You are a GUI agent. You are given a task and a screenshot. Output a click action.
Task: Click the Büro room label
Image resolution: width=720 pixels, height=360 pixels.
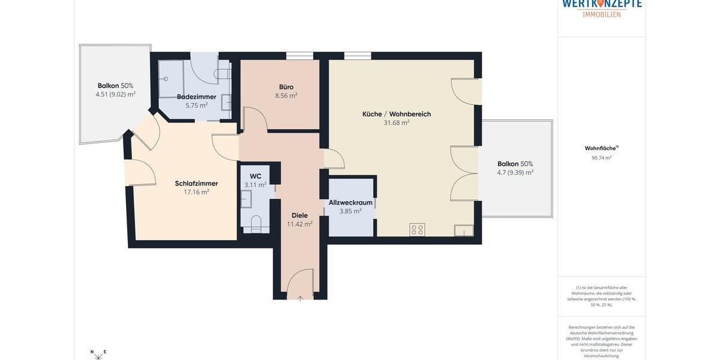click(286, 87)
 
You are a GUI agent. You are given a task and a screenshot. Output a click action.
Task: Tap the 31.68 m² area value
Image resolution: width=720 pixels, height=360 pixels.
click(397, 123)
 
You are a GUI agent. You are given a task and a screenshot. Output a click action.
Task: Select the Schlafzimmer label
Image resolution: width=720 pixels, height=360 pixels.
click(196, 184)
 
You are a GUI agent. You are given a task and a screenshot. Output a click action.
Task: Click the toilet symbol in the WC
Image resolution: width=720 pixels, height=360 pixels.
click(256, 224)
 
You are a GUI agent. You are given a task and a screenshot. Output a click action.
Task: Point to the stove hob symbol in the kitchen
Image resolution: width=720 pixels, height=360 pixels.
click(417, 230)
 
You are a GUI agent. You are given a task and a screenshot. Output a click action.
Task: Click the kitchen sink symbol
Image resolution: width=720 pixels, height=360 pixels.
click(463, 230)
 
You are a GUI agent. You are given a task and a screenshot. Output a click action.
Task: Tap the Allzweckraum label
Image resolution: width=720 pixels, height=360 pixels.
click(350, 203)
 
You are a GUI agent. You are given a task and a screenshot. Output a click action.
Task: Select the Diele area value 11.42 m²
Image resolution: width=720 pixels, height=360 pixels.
click(299, 224)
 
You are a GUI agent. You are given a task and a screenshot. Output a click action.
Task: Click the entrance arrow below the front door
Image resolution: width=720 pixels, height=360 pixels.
click(300, 298)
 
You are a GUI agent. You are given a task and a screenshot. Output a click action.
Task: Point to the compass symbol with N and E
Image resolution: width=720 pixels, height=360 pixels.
click(98, 355)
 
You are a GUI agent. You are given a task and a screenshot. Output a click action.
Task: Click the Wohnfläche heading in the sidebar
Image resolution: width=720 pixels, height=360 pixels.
click(601, 148)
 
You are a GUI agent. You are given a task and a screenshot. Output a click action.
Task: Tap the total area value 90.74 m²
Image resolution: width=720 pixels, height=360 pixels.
click(601, 158)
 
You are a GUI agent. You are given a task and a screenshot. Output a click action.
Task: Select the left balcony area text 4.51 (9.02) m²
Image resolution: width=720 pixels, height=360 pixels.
click(115, 94)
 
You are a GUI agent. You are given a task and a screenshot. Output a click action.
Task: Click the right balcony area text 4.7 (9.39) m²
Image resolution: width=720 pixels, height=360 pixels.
click(515, 173)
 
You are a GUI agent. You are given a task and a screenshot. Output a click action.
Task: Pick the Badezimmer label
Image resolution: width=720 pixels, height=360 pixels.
click(196, 97)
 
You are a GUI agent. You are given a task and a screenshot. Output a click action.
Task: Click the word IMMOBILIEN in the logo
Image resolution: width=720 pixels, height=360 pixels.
click(602, 14)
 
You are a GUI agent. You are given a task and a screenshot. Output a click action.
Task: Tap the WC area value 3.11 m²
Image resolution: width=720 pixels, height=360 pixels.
click(255, 185)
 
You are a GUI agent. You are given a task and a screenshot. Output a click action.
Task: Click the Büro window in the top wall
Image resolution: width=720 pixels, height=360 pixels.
click(299, 56)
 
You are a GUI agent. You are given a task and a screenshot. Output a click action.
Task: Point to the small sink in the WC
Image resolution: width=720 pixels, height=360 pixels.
click(246, 199)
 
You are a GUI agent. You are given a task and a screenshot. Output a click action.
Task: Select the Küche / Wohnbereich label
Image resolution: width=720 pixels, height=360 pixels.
click(397, 114)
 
